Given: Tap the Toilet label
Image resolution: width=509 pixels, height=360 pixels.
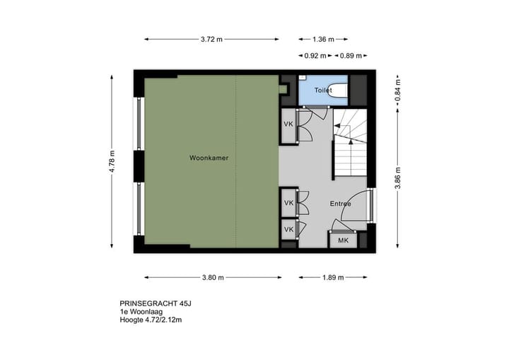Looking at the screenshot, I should (x=323, y=91).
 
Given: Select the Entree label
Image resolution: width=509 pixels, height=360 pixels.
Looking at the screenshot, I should (x=341, y=204).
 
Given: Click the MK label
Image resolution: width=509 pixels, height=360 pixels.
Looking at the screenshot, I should (x=344, y=240).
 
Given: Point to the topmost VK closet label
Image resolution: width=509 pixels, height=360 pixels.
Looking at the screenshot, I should (x=288, y=124).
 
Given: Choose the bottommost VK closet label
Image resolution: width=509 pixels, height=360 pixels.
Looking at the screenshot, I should (x=288, y=230).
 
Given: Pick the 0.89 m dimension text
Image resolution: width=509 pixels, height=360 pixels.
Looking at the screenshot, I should (x=350, y=55).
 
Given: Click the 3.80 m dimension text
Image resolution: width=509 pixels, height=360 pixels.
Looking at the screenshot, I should (x=212, y=278).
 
